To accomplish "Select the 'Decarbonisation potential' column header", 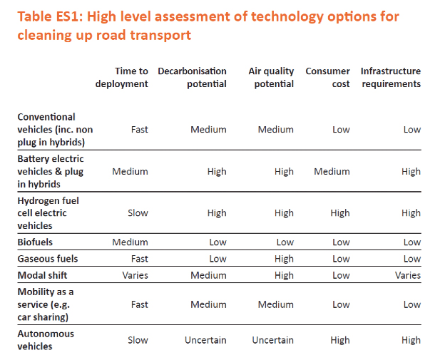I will (x=192, y=78).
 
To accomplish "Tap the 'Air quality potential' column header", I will (x=270, y=78).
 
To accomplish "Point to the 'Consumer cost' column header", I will (x=327, y=78).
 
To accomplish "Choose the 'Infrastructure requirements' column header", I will (x=390, y=78).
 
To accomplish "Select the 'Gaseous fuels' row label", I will (x=47, y=259).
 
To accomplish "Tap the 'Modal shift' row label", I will (x=43, y=275).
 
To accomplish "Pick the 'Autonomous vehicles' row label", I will (x=45, y=340).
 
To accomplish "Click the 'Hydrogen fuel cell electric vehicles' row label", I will (x=48, y=213).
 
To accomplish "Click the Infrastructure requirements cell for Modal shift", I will (x=408, y=275).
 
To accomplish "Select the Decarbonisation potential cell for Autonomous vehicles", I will (x=205, y=340).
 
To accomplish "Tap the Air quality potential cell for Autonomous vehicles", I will (x=272, y=340).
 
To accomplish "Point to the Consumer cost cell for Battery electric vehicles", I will (x=332, y=171).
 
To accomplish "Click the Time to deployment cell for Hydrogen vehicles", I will (x=137, y=212).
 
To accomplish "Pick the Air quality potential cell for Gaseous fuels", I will (x=283, y=259).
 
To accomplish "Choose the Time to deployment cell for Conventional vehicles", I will (x=139, y=130).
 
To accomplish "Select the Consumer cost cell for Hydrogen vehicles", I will (x=340, y=212).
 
